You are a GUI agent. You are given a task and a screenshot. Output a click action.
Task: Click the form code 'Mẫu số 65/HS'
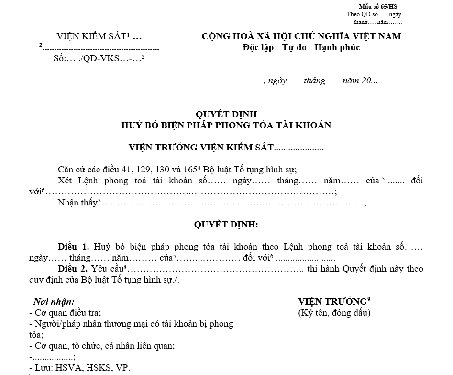[x=378, y=6]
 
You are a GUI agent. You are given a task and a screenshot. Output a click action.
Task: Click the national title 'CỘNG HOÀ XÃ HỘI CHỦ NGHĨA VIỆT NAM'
[x=301, y=36]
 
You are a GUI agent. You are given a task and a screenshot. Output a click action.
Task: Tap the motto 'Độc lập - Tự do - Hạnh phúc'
[x=301, y=47]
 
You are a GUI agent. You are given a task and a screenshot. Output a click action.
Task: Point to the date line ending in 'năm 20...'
[x=304, y=80]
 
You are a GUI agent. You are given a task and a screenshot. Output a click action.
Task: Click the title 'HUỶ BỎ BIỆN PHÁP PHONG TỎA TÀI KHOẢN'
[x=226, y=125]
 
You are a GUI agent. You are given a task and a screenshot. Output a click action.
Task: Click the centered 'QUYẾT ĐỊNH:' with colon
[x=226, y=224]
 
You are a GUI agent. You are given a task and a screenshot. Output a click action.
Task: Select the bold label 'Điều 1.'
[x=73, y=247]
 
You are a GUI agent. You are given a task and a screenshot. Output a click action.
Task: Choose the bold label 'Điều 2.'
[x=73, y=269]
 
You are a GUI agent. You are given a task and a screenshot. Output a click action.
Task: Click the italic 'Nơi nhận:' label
[x=54, y=302]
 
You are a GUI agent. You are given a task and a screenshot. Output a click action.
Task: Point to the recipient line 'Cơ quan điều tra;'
[x=67, y=313]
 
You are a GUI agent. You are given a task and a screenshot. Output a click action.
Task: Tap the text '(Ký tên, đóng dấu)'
[x=334, y=313]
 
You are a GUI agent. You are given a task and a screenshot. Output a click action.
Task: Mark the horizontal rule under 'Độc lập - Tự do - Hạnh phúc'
[x=291, y=58]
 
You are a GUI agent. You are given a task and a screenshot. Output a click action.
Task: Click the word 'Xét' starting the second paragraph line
[x=65, y=181]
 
